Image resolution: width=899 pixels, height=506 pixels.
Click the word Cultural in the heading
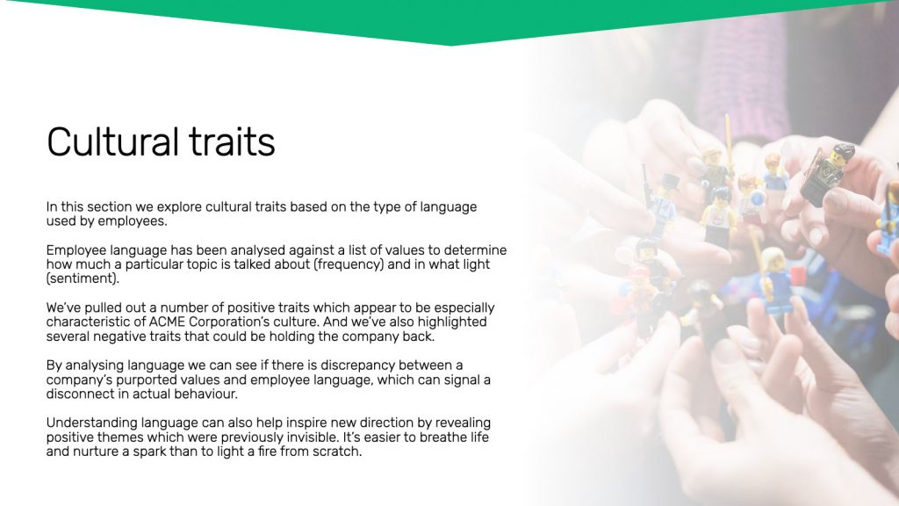tap(112, 141)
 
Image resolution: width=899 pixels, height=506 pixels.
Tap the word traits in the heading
tap(232, 141)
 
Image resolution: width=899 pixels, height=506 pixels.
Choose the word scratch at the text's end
tap(337, 452)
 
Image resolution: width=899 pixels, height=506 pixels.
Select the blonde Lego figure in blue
tap(774, 281)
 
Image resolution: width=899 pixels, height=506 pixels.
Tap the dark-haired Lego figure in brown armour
tap(825, 172)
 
